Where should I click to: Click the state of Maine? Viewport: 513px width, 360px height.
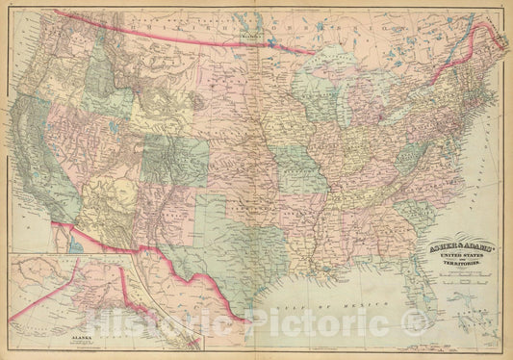click(485, 48)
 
